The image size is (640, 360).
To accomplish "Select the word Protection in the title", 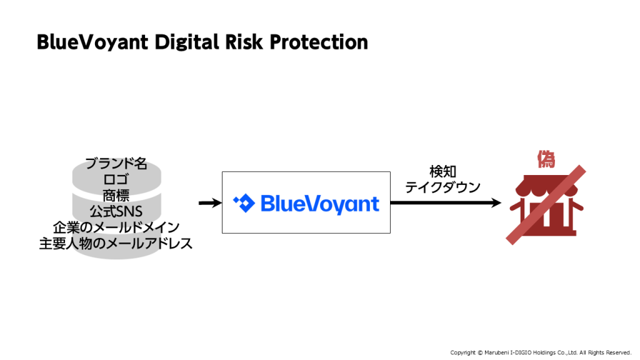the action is click(x=319, y=42).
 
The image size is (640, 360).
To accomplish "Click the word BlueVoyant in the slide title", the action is click(x=92, y=42).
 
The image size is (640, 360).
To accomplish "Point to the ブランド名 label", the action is click(x=116, y=163).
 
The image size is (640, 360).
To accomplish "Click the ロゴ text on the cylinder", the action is click(x=116, y=179).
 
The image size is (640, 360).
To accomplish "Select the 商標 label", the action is click(x=116, y=196).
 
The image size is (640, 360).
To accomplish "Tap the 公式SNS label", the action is click(x=116, y=211).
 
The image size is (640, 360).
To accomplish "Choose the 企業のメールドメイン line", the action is click(x=116, y=227).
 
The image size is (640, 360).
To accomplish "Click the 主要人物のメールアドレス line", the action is click(x=116, y=243).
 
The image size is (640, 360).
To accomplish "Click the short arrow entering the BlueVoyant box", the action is click(x=210, y=203).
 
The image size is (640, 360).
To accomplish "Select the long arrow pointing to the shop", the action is click(x=446, y=203).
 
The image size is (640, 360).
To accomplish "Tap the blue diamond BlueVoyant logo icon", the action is click(x=244, y=203).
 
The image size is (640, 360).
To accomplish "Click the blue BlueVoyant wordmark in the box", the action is click(x=320, y=204).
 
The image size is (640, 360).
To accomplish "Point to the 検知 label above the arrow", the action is click(x=443, y=171).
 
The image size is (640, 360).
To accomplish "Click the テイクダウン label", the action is click(x=443, y=187).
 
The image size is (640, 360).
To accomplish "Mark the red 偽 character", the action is click(x=546, y=159).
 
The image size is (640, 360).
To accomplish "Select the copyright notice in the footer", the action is click(x=541, y=352).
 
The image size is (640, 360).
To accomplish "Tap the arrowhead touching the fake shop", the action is click(x=496, y=203).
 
